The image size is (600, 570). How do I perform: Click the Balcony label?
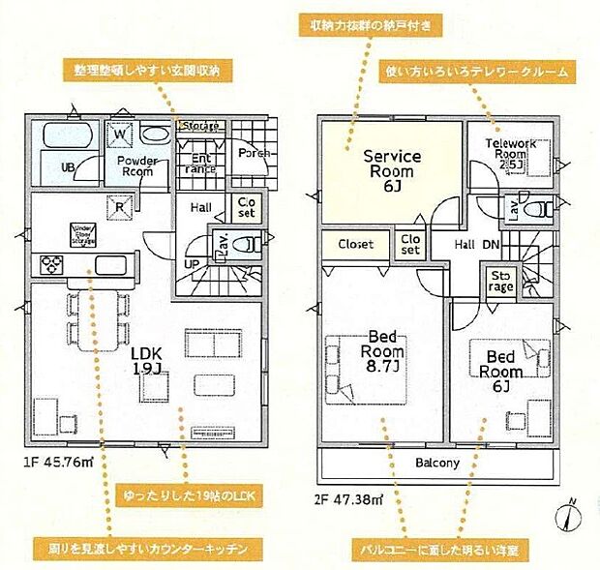(437, 463)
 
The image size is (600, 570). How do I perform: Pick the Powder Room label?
(137, 165)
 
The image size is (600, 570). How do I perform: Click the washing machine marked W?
(122, 134)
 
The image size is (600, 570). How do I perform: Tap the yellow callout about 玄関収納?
(147, 71)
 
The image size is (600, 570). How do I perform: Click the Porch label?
(254, 153)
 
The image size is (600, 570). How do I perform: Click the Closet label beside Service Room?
(355, 245)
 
